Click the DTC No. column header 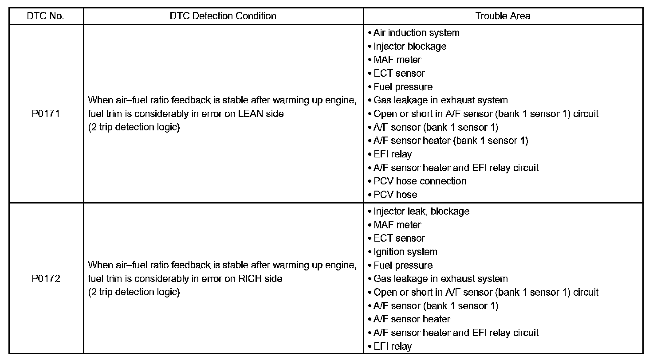click(x=46, y=16)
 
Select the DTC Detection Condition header click(x=223, y=16)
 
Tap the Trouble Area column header click(x=503, y=16)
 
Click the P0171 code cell click(x=46, y=114)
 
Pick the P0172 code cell click(x=46, y=279)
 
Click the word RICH click(x=250, y=279)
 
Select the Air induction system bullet click(x=416, y=33)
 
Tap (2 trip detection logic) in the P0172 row click(x=134, y=293)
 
